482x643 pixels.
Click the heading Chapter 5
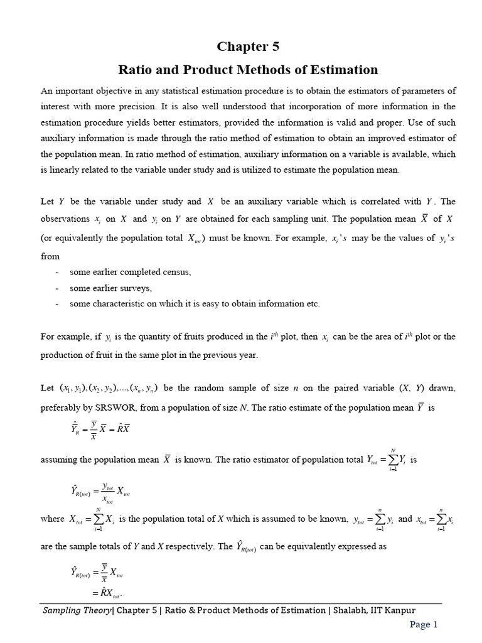click(248, 47)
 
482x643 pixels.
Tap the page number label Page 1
click(424, 624)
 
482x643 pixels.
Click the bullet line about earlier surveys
click(111, 288)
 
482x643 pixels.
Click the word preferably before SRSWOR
click(62, 407)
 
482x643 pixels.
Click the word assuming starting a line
click(60, 459)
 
